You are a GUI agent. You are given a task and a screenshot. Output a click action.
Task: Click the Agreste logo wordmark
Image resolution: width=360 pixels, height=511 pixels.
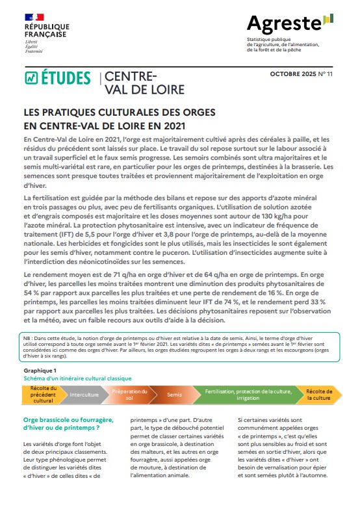pyautogui.click(x=283, y=25)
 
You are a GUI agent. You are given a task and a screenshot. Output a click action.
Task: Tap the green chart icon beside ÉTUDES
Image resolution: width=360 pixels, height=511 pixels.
pyautogui.click(x=31, y=78)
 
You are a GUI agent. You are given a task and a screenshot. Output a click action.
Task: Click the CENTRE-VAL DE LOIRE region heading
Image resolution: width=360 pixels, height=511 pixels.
pyautogui.click(x=144, y=83)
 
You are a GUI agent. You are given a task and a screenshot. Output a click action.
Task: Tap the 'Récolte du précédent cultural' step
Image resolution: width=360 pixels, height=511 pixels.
pyautogui.click(x=44, y=395)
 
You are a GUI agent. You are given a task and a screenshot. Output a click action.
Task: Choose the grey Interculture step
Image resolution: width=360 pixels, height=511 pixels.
pyautogui.click(x=84, y=395)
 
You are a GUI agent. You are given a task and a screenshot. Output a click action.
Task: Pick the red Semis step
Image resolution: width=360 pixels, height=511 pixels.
pyautogui.click(x=174, y=395)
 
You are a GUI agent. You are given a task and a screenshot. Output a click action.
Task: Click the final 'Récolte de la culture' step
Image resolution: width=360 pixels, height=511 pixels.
pyautogui.click(x=318, y=395)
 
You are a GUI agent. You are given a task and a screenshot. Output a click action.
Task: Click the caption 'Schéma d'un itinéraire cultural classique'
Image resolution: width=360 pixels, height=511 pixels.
pyautogui.click(x=77, y=378)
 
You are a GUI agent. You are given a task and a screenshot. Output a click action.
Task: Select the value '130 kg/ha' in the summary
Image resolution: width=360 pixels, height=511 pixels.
pyautogui.click(x=265, y=215)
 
